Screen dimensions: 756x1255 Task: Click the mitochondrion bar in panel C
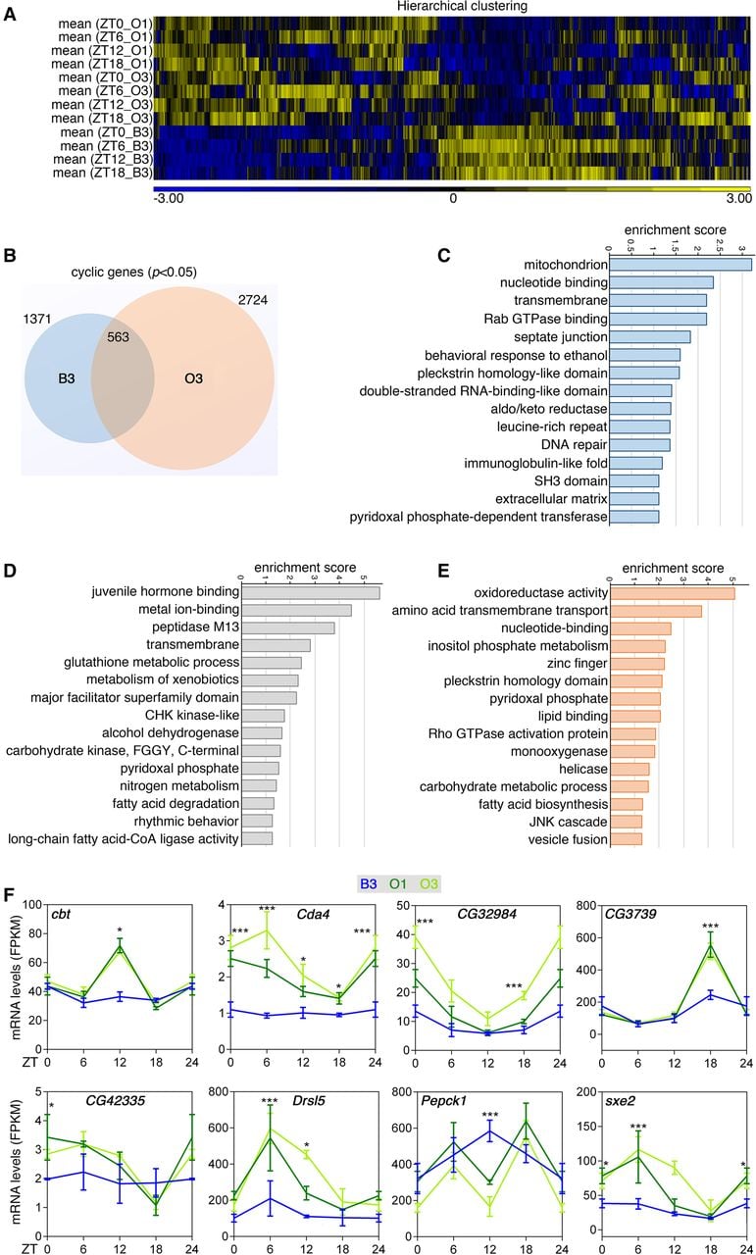680,265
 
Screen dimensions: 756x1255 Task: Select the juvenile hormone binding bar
311,592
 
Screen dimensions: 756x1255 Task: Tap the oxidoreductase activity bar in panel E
673,593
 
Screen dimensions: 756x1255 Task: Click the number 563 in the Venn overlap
118,337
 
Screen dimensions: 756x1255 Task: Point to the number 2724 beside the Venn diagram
253,300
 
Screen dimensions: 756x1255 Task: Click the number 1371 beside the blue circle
37,320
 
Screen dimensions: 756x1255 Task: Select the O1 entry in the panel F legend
397,884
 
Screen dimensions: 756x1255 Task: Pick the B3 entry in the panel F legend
368,884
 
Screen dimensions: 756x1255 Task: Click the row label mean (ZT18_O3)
102,119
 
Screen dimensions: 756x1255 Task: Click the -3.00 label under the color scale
168,198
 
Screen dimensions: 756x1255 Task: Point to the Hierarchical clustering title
463,6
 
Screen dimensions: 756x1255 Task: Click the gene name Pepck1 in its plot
443,1100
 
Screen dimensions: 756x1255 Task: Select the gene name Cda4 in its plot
313,915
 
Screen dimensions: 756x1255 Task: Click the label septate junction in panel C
561,336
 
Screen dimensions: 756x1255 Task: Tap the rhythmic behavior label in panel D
186,822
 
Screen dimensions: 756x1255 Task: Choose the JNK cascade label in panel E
569,822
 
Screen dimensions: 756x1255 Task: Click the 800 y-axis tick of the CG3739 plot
585,905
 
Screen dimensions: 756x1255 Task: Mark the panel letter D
10,572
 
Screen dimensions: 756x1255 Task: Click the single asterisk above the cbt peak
120,930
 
